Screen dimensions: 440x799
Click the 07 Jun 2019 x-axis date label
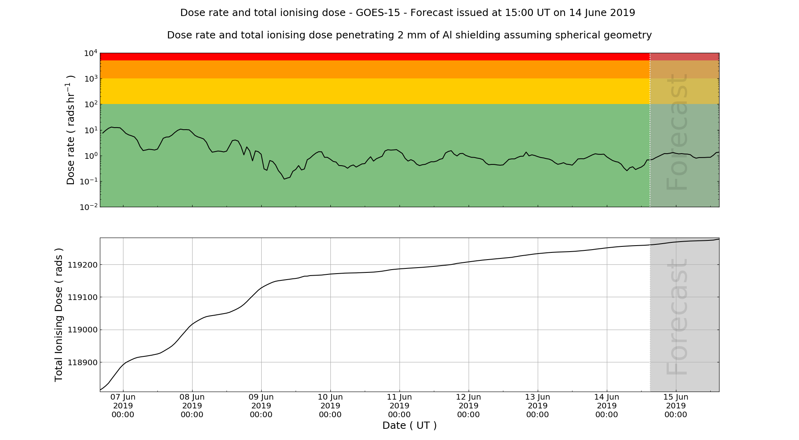click(123, 406)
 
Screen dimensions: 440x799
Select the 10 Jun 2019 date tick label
click(330, 406)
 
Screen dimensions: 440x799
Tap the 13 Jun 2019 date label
click(538, 406)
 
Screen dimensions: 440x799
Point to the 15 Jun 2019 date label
click(676, 406)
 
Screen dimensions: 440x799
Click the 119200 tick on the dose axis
click(82, 265)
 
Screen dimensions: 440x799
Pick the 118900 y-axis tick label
click(82, 362)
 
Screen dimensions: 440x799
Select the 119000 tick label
click(82, 330)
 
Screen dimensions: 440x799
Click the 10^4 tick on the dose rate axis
click(91, 53)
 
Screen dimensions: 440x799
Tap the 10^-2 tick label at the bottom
click(89, 207)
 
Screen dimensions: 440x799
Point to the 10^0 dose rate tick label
click(91, 156)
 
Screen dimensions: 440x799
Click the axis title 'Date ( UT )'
click(409, 426)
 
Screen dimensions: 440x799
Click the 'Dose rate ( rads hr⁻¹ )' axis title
click(70, 130)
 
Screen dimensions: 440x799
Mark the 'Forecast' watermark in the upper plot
click(677, 132)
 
